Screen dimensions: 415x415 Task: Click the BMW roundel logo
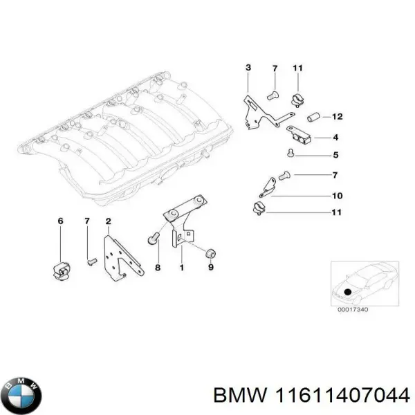[22, 395]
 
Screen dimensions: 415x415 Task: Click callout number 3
[248, 67]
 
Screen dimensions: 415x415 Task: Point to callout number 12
[337, 116]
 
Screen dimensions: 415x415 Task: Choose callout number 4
[335, 136]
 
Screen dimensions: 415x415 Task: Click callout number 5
[335, 154]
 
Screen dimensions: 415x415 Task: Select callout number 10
[337, 195]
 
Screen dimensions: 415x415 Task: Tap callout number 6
[60, 221]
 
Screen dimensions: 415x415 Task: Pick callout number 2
[108, 221]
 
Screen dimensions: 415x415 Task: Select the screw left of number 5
[291, 154]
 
